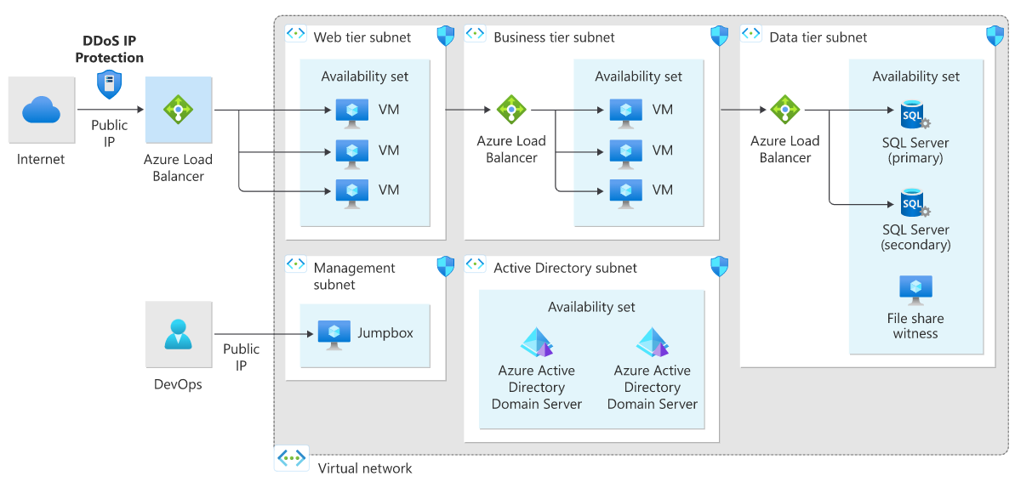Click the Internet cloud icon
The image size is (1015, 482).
(41, 110)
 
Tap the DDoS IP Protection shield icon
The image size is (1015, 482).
(109, 84)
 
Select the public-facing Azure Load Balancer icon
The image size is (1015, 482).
(179, 110)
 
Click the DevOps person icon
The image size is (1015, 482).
(178, 333)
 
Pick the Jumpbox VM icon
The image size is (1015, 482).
(334, 334)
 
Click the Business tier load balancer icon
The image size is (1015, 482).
(511, 110)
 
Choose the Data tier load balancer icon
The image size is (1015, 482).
(784, 110)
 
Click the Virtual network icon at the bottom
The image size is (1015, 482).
(292, 458)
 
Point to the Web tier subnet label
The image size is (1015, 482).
(362, 37)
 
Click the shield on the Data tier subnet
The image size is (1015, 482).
(995, 36)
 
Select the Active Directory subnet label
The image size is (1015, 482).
(565, 268)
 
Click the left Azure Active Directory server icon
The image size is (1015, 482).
(537, 343)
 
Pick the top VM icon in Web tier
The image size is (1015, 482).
(351, 111)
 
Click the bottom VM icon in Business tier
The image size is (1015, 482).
(625, 192)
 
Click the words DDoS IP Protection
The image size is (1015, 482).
(109, 49)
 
